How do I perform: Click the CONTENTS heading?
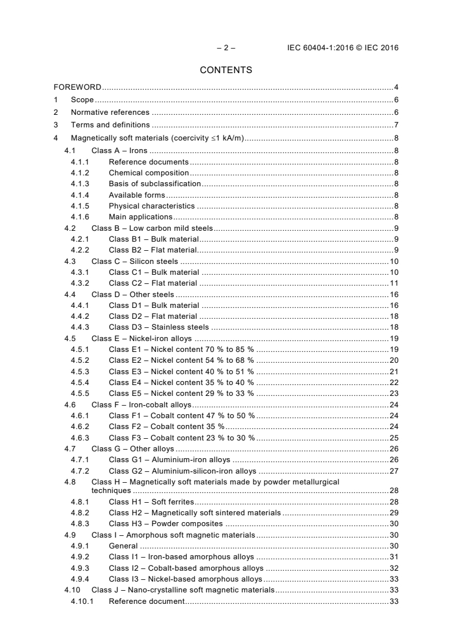[226, 70]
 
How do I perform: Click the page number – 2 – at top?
[226, 48]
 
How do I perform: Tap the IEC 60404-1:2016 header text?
[343, 48]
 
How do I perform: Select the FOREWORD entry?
[78, 87]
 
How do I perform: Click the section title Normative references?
[110, 113]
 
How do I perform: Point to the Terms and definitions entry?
[110, 125]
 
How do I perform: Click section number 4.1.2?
[80, 173]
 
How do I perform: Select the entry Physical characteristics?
[151, 206]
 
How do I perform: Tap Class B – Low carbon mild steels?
[151, 229]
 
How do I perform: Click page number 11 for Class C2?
[394, 283]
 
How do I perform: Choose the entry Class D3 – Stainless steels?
[159, 327]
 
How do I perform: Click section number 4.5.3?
[80, 371]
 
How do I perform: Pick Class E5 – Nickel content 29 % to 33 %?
[181, 394]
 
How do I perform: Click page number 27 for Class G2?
[394, 471]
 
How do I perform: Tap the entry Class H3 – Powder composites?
[166, 524]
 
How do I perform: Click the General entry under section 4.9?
[123, 546]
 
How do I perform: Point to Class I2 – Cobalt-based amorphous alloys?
[186, 568]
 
